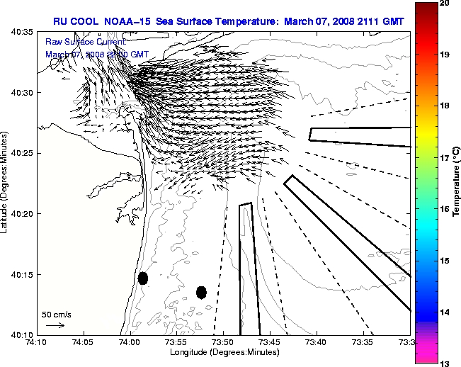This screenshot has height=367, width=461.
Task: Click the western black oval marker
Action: point(143,278)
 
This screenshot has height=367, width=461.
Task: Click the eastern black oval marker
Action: point(201,292)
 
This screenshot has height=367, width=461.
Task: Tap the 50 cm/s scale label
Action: point(57,314)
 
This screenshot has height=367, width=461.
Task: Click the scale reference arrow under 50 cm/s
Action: point(55,325)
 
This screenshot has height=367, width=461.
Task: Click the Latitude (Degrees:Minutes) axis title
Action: point(6,183)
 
